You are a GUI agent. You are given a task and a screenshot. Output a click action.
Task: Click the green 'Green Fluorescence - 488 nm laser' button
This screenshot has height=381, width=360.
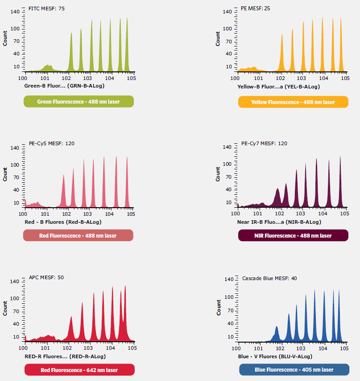click(79, 102)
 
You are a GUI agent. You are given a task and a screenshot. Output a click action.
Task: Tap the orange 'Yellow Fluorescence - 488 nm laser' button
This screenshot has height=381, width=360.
click(293, 102)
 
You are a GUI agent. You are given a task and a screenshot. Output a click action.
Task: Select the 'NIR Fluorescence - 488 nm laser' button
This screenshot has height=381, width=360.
click(293, 235)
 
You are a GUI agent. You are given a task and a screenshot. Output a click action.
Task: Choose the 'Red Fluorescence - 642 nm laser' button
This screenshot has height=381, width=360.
click(79, 370)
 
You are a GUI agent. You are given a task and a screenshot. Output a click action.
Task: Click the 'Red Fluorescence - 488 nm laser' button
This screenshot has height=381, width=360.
click(79, 235)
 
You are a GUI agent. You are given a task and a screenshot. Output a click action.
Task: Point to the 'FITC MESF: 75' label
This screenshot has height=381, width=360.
click(46, 9)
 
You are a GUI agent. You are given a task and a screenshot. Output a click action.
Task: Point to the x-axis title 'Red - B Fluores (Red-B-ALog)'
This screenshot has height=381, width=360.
click(63, 222)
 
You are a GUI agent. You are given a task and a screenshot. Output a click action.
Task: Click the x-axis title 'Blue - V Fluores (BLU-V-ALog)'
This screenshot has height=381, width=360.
click(275, 356)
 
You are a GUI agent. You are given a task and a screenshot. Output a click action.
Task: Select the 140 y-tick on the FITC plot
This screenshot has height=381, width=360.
click(16, 12)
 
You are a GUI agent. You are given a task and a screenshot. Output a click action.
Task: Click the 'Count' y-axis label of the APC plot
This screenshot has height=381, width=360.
click(5, 309)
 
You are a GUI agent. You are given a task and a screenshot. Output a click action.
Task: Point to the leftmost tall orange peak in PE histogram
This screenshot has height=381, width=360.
click(282, 51)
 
